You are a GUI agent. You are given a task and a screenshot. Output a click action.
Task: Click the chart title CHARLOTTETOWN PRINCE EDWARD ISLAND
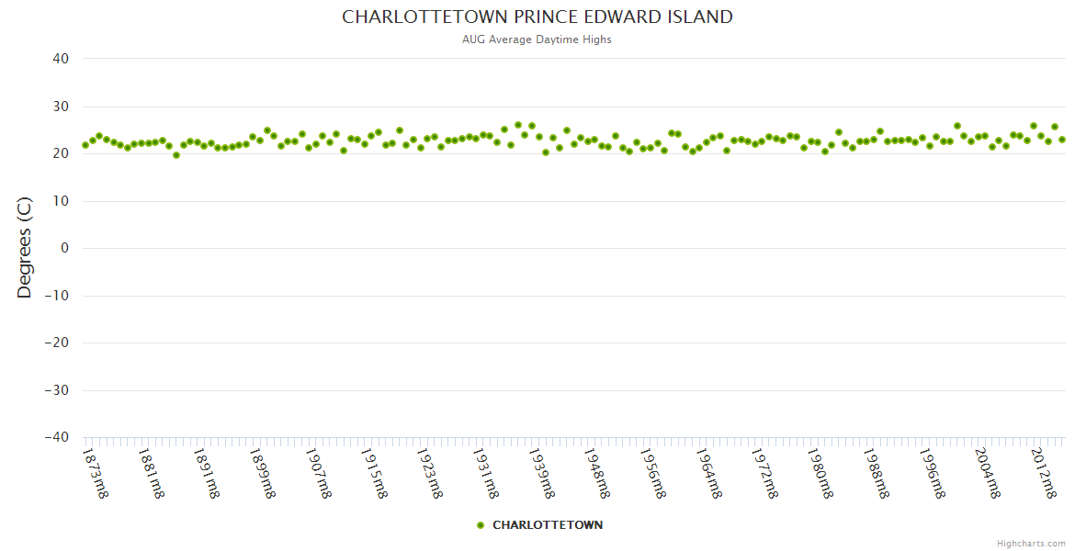[537, 17]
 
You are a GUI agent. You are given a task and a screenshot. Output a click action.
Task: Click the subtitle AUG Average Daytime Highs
[537, 39]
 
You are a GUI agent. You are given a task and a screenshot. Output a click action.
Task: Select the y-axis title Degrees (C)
[25, 248]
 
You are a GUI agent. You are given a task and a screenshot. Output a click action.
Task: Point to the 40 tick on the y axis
[60, 59]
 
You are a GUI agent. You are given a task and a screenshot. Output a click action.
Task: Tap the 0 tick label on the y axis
[64, 248]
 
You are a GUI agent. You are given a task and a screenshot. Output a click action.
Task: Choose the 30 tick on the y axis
[60, 107]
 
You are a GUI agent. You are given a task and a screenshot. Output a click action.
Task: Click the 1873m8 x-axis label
[96, 472]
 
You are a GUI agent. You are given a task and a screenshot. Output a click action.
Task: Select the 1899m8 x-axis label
[263, 472]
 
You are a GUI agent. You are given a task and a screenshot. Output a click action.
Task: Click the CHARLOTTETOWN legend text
[548, 525]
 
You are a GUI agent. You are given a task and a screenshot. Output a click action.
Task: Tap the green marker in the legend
[481, 525]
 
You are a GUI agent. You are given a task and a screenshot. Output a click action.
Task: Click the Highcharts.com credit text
[1031, 544]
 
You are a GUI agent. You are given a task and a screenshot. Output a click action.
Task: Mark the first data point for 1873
[85, 145]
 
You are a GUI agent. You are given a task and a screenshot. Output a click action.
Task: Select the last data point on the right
[1062, 140]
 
